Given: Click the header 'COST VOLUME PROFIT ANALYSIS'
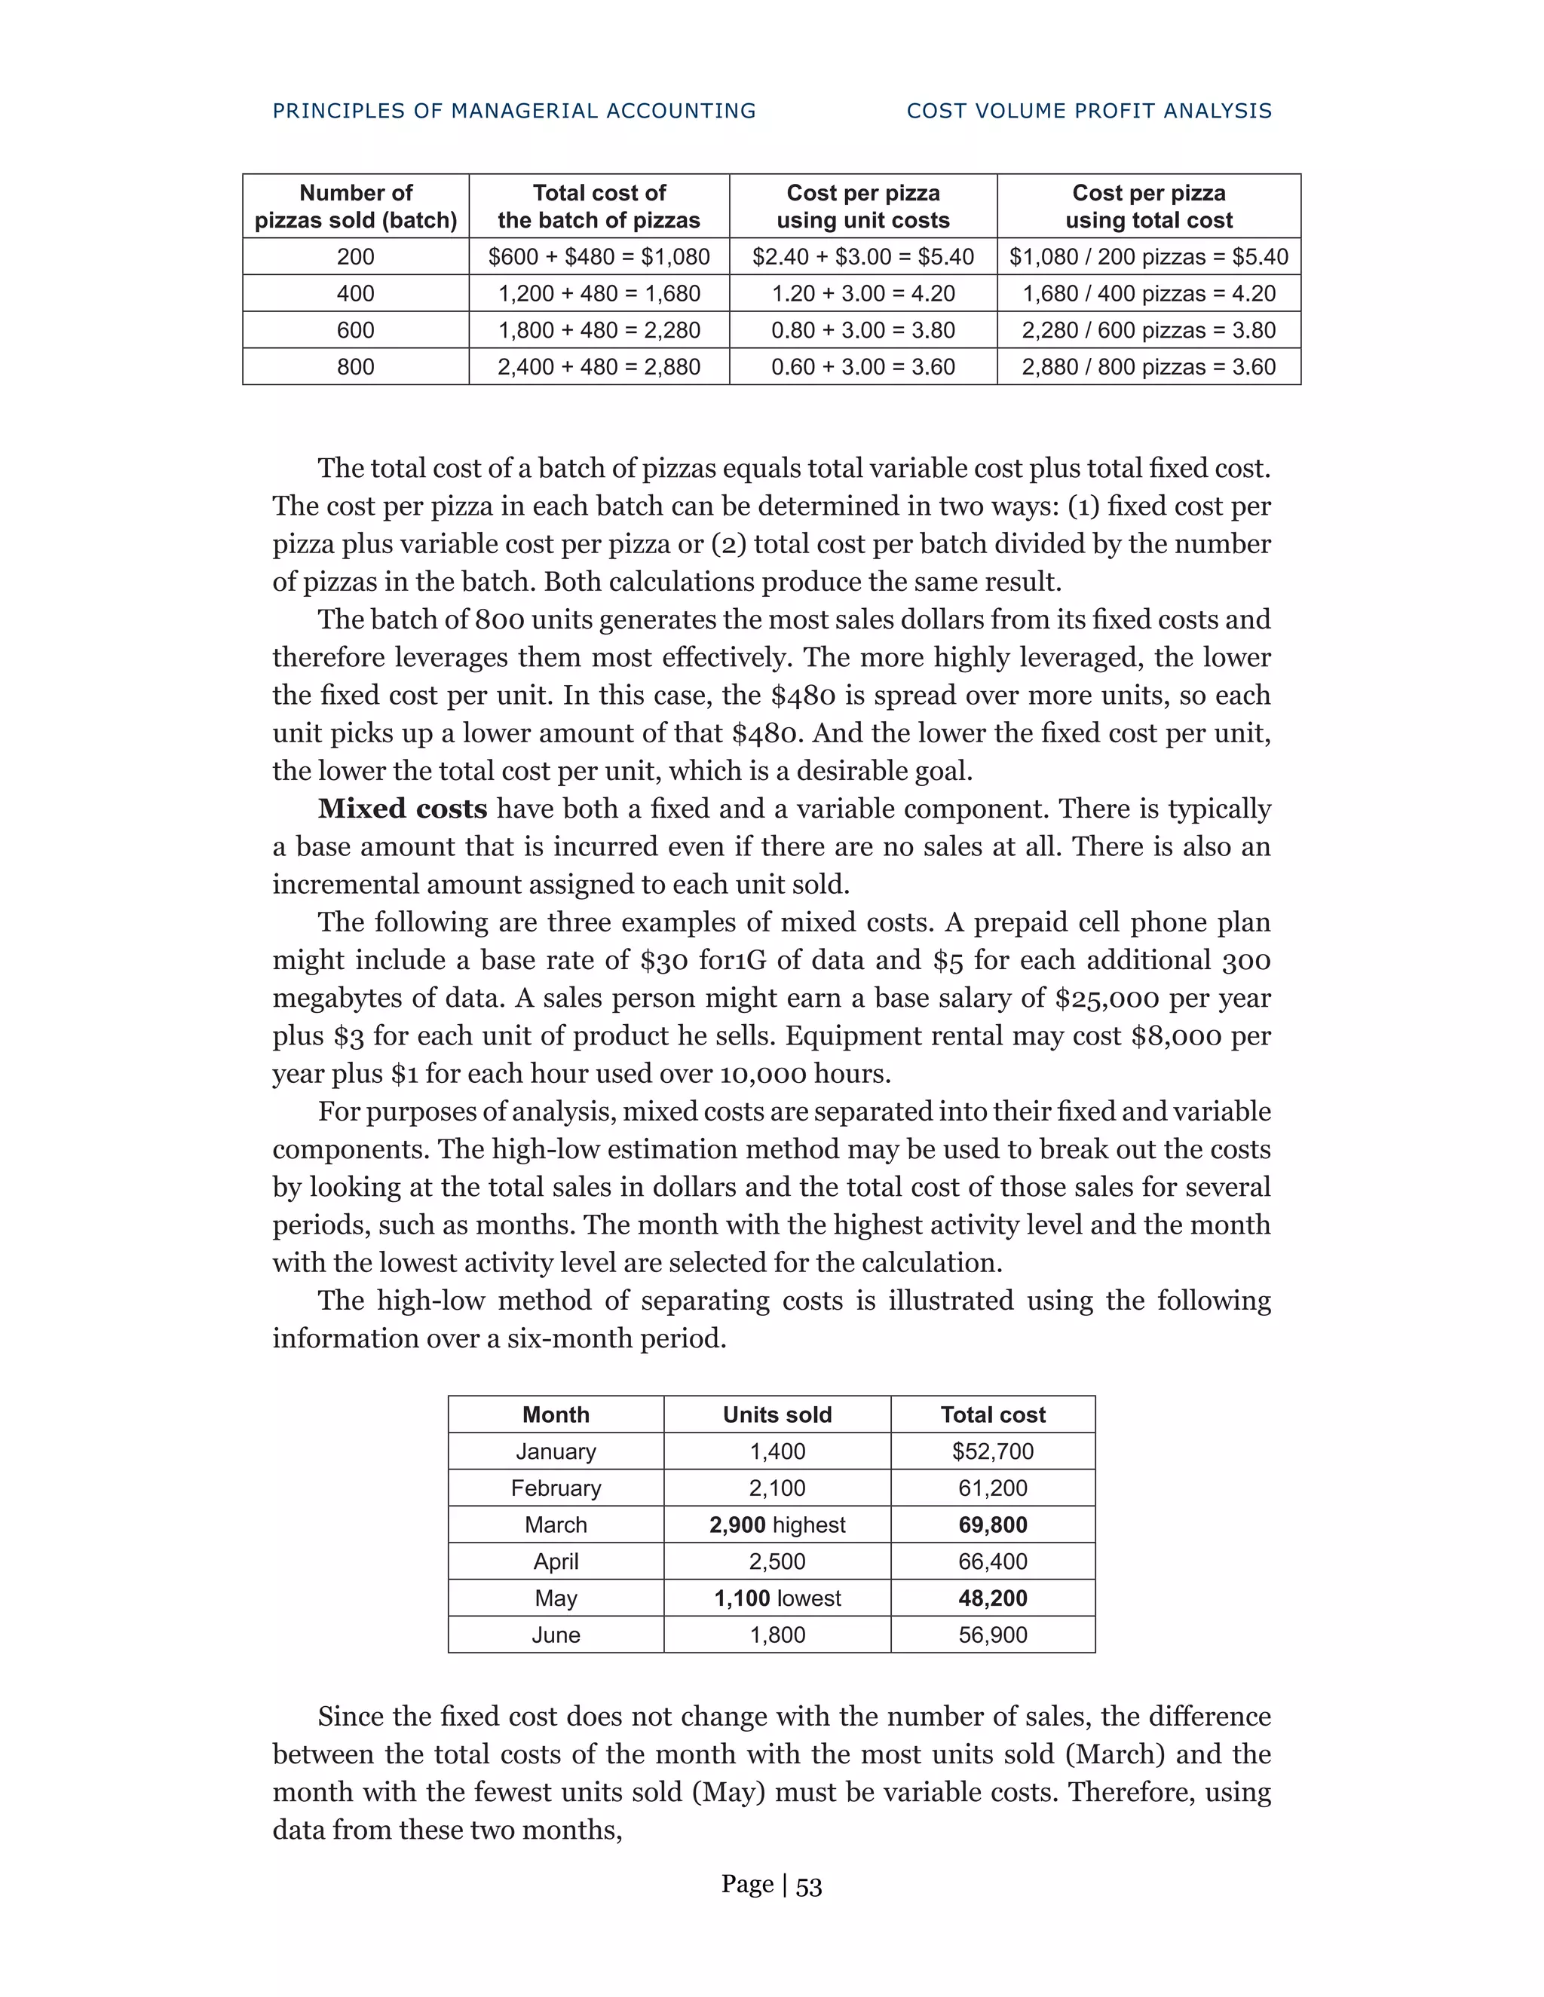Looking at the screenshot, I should tap(1089, 111).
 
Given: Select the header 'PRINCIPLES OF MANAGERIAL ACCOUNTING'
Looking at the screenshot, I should tap(514, 111).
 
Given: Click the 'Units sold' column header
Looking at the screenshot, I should tap(777, 1414).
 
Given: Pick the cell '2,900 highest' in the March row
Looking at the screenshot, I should tap(777, 1525).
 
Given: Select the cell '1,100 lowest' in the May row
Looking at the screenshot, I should tap(777, 1598).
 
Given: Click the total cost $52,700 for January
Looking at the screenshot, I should tap(992, 1451).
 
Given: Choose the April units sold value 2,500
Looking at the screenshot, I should tap(777, 1561).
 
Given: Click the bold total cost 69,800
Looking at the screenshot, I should tap(992, 1525).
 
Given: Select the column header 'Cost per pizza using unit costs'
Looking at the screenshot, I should tap(862, 206).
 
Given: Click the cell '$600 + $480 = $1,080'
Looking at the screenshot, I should tap(599, 257).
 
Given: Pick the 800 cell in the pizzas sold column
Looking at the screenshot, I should tap(355, 367).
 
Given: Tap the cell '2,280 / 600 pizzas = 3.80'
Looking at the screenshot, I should tap(1148, 330).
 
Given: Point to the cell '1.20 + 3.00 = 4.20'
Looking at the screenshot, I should tap(862, 293).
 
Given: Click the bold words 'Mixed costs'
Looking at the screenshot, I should tap(403, 809).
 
